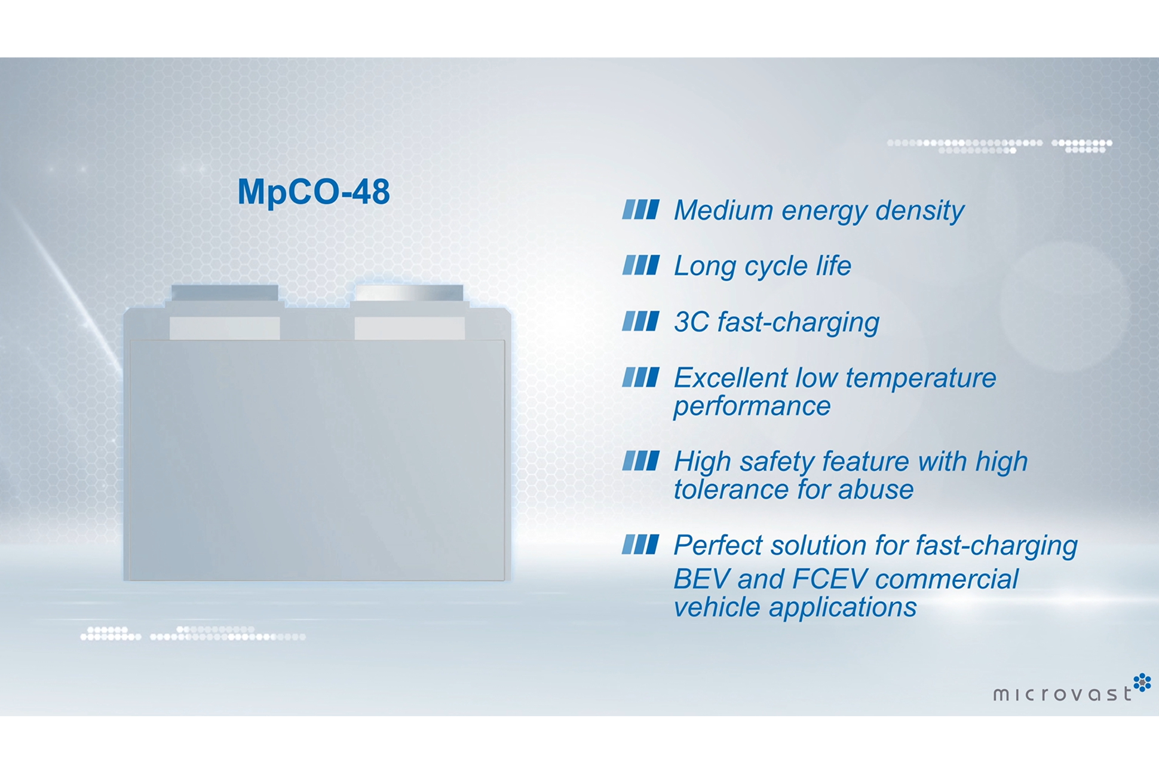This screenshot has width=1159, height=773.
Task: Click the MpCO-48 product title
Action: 314,193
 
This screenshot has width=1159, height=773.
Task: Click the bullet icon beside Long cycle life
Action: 640,265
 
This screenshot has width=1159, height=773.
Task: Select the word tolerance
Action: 731,490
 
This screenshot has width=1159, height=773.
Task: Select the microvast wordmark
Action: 1062,693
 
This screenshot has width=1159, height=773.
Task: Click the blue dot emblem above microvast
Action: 1142,682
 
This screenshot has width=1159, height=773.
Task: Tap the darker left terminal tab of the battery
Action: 225,293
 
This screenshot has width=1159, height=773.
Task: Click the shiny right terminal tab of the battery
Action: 409,293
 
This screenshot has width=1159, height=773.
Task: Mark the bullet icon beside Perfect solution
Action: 640,545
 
